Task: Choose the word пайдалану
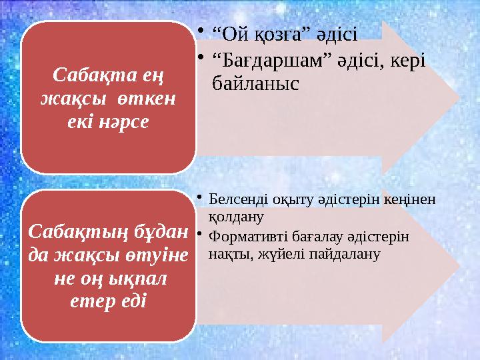[341, 253]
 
